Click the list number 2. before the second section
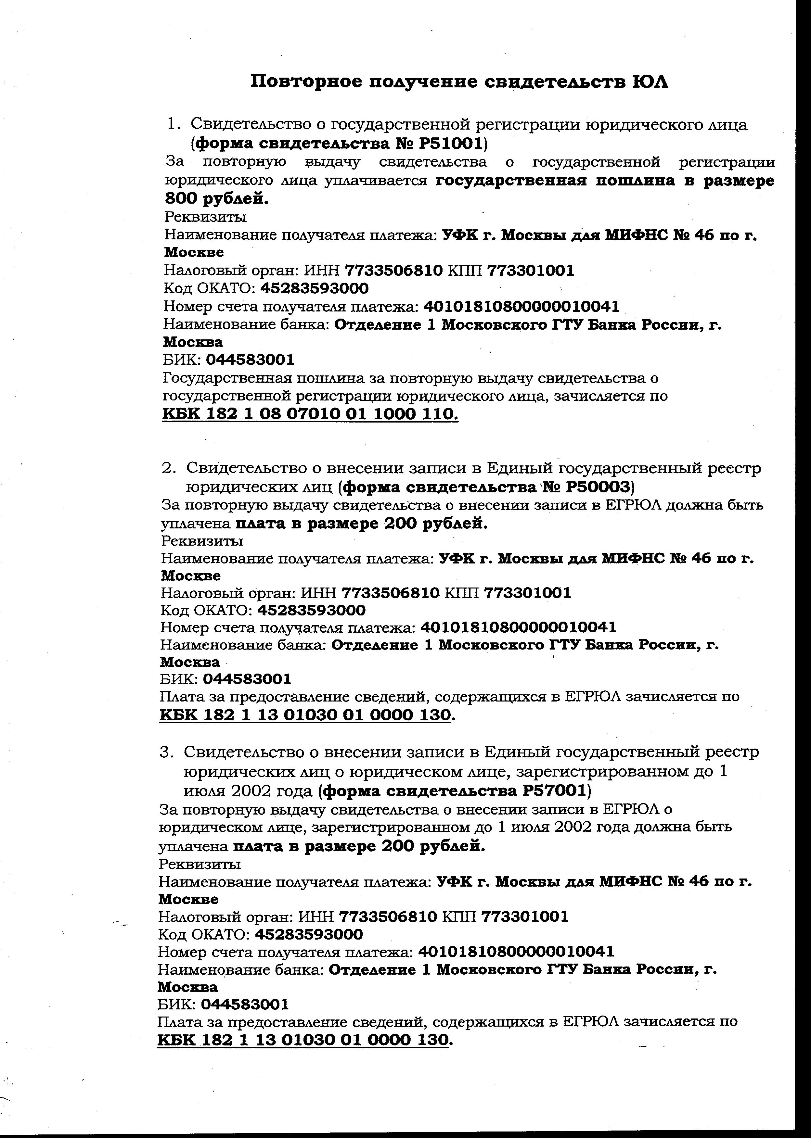pyautogui.click(x=169, y=468)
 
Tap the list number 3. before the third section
pyautogui.click(x=166, y=752)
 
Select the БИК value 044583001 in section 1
pyautogui.click(x=250, y=360)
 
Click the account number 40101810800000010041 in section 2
pyautogui.click(x=519, y=627)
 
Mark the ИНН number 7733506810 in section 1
pyautogui.click(x=393, y=271)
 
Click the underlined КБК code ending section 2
pyautogui.click(x=305, y=715)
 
